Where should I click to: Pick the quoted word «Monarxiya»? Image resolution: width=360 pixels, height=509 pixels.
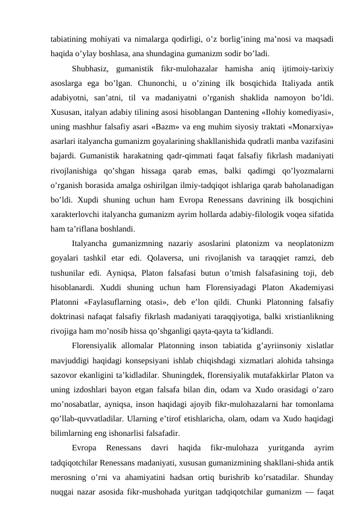click(x=311, y=126)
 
